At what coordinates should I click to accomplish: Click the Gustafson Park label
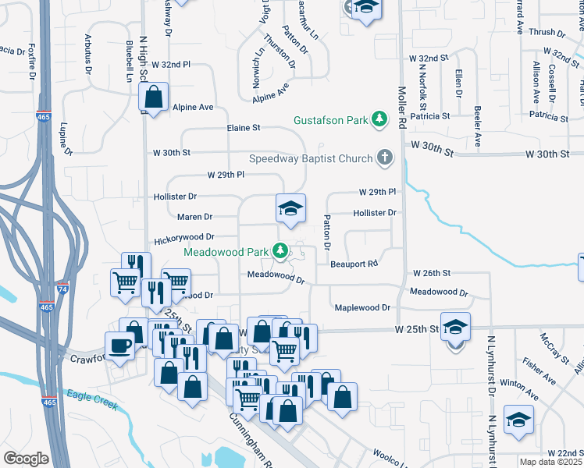tap(330, 120)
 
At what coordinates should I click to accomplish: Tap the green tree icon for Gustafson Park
tap(379, 119)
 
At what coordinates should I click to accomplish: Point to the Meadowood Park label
tap(226, 252)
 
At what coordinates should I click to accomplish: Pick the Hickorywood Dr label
tap(184, 237)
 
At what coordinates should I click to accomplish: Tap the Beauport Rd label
tap(354, 264)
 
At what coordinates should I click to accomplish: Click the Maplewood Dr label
tap(361, 308)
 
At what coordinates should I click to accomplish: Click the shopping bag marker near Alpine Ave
tap(154, 97)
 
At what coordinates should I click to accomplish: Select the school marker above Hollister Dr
tap(290, 208)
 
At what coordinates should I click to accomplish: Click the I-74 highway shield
tap(63, 289)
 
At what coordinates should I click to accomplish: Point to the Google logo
tap(26, 459)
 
